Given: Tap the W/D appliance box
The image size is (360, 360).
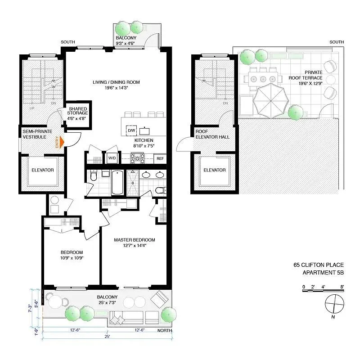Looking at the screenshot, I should point(112,158).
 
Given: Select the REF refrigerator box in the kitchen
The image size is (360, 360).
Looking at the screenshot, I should point(160,158).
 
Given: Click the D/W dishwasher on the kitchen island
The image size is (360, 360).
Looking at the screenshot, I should point(131,130).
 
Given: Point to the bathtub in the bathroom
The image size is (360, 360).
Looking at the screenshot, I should point(117,182).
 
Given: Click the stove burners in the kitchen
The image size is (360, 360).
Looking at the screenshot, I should point(137,158).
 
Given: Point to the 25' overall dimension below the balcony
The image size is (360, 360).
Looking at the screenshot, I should point(107,336).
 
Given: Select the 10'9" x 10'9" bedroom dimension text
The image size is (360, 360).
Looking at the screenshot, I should point(72,258).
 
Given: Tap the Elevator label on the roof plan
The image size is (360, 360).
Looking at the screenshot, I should point(215,170).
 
